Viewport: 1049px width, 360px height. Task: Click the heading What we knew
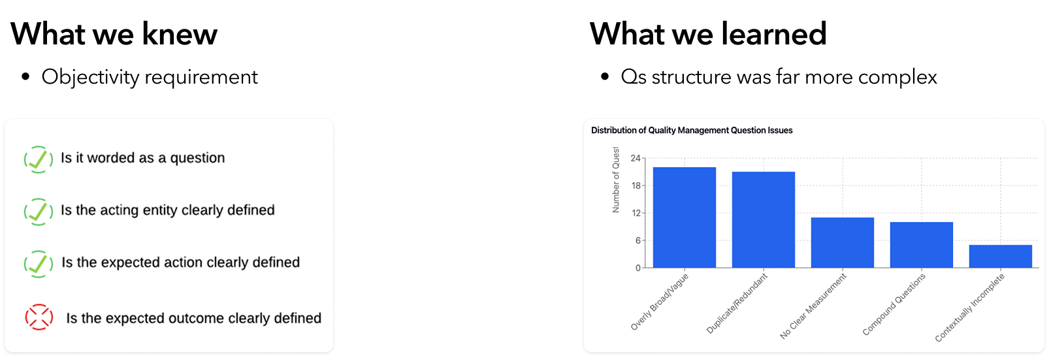114,34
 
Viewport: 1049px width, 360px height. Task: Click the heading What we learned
708,34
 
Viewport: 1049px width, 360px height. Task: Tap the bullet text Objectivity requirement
150,77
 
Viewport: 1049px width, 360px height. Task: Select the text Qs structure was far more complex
779,77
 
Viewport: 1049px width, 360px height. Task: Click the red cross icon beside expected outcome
39,318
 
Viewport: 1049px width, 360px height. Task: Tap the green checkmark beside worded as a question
39,159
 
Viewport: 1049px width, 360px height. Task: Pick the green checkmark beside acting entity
39,211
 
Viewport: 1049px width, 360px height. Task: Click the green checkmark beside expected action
39,263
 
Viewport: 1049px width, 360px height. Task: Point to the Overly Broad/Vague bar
684,218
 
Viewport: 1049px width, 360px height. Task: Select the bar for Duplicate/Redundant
763,220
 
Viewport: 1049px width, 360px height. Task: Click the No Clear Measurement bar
842,242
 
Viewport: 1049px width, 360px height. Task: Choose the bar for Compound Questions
921,245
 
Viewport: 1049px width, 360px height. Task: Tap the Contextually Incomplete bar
1000,256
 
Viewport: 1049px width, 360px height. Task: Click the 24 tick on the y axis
635,158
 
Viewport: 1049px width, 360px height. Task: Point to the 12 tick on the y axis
636,213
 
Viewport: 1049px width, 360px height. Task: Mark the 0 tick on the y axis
637,268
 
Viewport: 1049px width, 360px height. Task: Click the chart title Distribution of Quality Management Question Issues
691,131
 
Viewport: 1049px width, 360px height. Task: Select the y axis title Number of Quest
615,180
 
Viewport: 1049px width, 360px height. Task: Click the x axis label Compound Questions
894,304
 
